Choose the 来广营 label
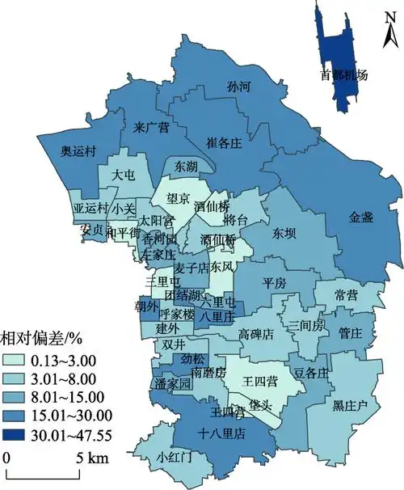(151, 127)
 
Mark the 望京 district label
(178, 196)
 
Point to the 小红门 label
(174, 457)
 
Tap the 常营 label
(346, 295)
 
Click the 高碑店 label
(256, 333)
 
